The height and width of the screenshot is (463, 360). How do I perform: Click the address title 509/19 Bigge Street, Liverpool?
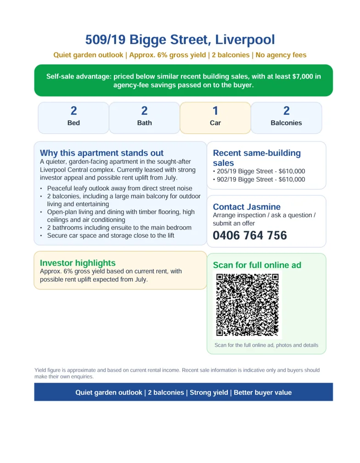coord(180,40)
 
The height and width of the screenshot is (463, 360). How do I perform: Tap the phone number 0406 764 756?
coord(250,236)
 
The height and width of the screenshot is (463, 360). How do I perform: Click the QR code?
coord(247,305)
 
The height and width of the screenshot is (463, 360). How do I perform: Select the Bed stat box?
coord(73,118)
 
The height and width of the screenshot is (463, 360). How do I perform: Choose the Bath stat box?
coord(144,118)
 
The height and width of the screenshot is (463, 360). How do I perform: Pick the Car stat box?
coord(215,118)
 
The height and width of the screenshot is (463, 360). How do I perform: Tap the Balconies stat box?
coord(286,118)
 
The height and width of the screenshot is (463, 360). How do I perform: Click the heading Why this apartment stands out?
coord(101,153)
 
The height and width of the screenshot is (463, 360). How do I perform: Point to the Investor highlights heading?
coord(78,263)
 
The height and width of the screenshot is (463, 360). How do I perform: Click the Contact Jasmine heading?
coord(247,207)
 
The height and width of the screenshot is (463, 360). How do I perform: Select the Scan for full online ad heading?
coord(257,265)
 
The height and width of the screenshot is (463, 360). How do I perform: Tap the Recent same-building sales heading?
coord(257,158)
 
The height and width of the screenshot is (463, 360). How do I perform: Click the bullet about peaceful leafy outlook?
coord(119,188)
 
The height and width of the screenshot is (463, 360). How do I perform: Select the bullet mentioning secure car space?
coord(110,236)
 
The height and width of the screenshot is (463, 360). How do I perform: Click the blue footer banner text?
coord(183,393)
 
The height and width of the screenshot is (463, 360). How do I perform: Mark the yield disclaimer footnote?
coord(177,373)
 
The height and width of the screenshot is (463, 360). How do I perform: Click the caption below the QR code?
coord(266,345)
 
